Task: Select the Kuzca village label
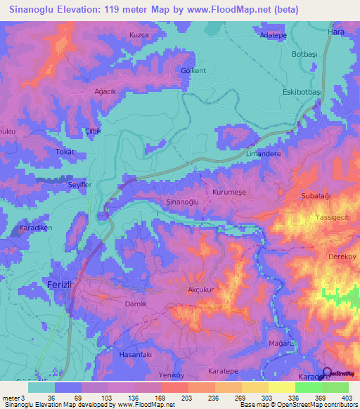[139, 34]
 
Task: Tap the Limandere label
[264, 153]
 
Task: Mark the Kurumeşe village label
[230, 191]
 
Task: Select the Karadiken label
[34, 228]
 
